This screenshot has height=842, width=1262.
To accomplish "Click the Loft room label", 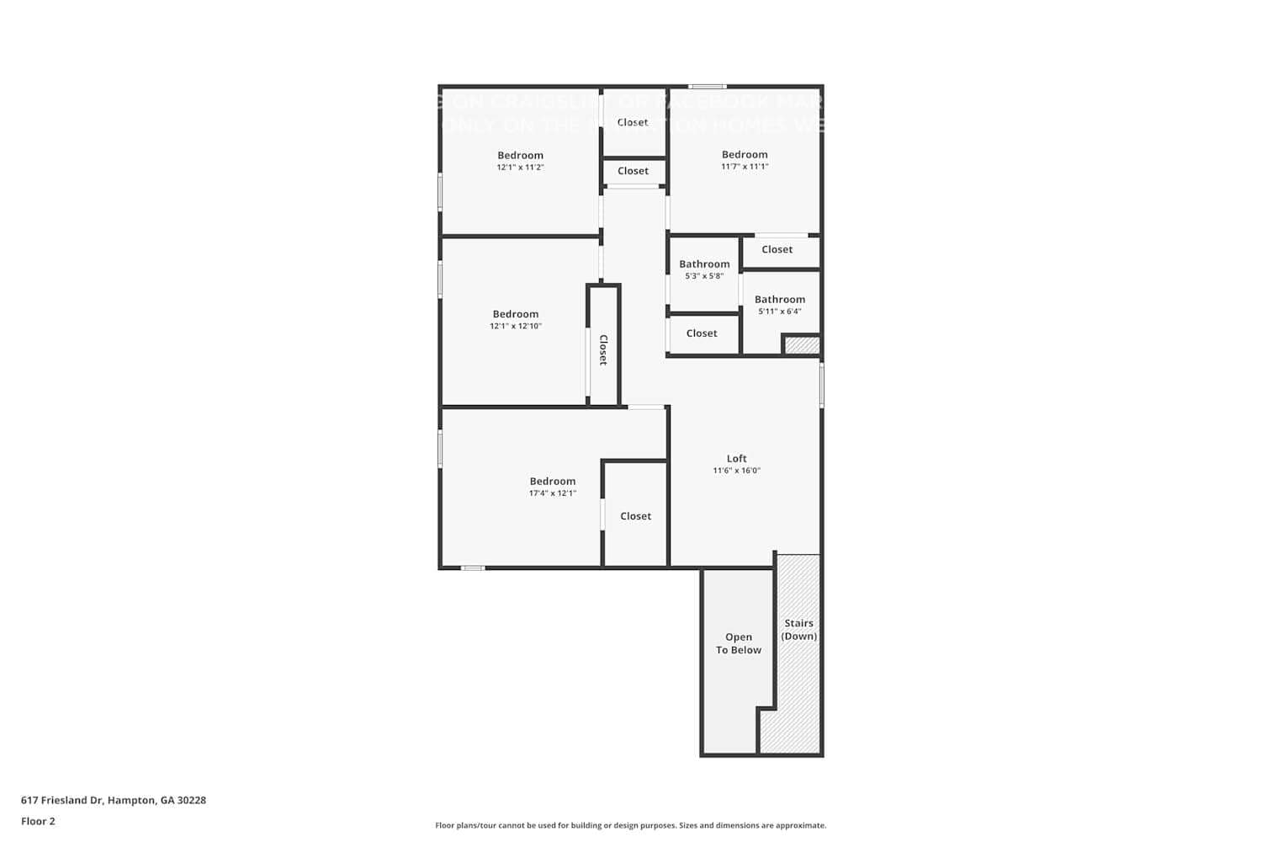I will click(x=736, y=459).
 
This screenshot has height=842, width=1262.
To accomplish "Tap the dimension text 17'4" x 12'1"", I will click(x=552, y=493).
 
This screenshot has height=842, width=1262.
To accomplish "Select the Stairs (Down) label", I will click(x=798, y=630).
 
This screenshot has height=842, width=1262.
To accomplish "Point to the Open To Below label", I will click(x=738, y=643).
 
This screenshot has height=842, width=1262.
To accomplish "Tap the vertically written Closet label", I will click(x=603, y=349).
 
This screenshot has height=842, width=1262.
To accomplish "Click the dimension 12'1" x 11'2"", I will click(x=520, y=168).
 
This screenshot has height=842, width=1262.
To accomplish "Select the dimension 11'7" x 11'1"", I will click(x=745, y=167).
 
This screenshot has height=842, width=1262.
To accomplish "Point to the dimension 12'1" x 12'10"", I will click(x=516, y=326).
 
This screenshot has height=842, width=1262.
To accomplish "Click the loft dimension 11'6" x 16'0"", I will click(x=736, y=471).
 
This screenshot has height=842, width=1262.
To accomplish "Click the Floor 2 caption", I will click(x=38, y=821).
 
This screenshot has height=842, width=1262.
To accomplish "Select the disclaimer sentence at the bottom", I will click(x=630, y=825).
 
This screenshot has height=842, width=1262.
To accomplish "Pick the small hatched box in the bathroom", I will click(x=802, y=345).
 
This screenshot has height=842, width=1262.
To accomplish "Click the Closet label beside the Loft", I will click(x=635, y=516).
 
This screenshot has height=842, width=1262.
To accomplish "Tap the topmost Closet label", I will click(x=633, y=122).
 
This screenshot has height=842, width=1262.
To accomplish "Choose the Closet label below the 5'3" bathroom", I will click(x=702, y=333).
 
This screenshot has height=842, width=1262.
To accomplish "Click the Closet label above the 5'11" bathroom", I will click(x=777, y=249).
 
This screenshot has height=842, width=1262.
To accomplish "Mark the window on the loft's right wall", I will click(x=822, y=386).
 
